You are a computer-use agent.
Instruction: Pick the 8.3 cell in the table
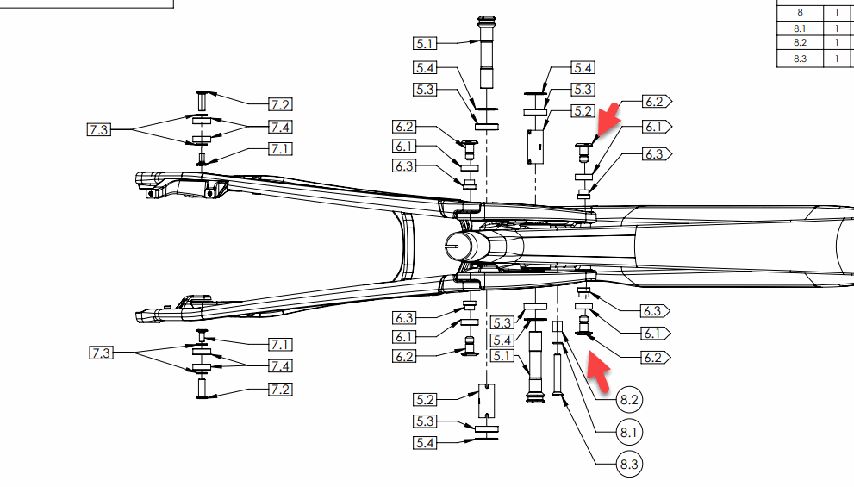799,59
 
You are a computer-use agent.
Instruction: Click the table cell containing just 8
799,13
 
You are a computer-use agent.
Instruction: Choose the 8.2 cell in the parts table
799,43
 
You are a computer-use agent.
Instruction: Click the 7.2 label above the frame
279,104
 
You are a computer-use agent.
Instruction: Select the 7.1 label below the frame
279,345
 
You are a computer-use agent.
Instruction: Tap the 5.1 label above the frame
425,43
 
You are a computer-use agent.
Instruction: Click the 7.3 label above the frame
99,130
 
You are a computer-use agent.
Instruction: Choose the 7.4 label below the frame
279,367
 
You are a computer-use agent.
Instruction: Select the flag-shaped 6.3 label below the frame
652,311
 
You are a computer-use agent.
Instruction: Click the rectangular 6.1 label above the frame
404,146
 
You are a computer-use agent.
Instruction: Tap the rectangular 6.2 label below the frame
404,356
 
